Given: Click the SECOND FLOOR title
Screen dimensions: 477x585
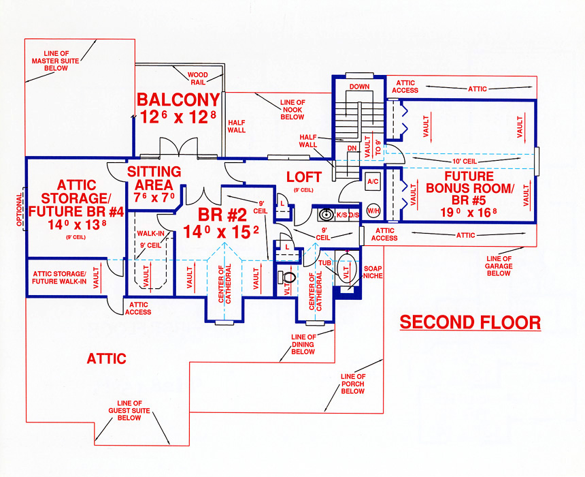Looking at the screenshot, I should [x=469, y=322].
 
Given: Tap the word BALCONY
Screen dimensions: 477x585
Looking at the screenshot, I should [x=178, y=99].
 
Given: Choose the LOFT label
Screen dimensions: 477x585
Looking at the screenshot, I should [x=303, y=177].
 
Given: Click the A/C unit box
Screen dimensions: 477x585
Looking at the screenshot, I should [x=373, y=182].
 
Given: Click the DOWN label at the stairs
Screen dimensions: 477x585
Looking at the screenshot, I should [x=358, y=87].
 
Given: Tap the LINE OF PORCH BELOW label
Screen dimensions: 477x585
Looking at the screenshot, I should [x=353, y=384].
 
